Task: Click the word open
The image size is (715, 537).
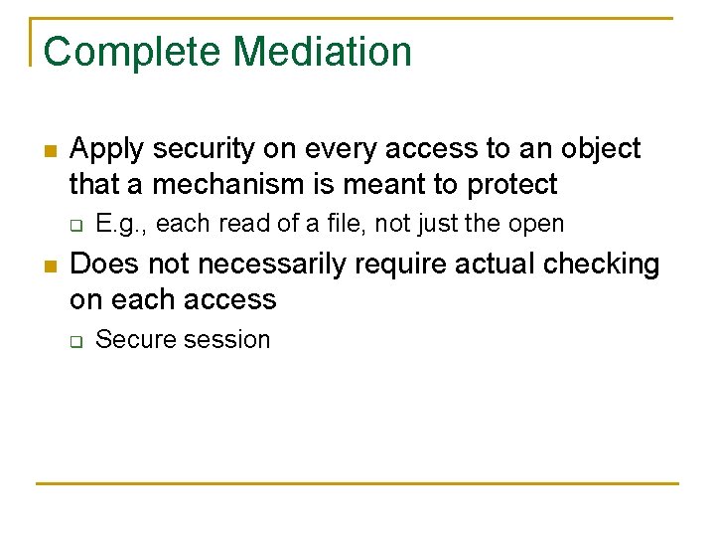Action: (x=536, y=224)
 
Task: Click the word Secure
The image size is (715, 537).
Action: (x=133, y=339)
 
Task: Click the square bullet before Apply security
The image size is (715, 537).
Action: (x=50, y=151)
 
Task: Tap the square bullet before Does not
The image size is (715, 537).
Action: (x=50, y=267)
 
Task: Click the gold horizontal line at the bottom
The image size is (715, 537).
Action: (x=357, y=483)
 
